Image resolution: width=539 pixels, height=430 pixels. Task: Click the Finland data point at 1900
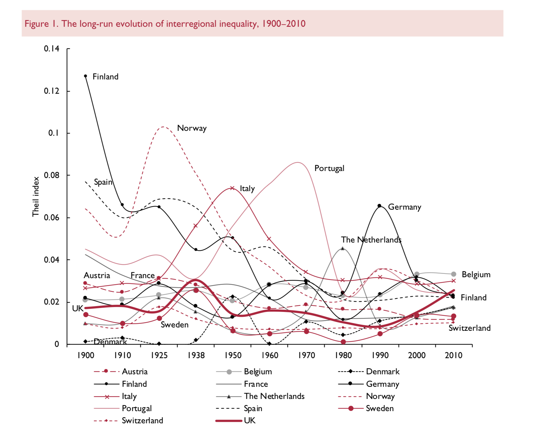tap(85, 76)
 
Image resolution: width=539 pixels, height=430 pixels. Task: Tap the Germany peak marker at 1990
tap(379, 206)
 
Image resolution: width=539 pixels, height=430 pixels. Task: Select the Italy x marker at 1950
tap(232, 188)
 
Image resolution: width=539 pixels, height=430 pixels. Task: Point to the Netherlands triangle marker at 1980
tap(343, 248)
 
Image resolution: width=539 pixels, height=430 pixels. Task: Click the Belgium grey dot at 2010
tap(454, 274)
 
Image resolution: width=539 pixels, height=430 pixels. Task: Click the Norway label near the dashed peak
tap(192, 128)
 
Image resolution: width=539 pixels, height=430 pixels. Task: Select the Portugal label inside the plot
tap(329, 168)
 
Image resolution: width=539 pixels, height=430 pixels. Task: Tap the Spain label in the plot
tap(103, 182)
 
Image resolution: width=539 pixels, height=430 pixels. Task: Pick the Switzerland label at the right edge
tap(469, 328)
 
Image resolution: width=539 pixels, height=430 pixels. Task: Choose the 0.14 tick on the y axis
tap(51, 49)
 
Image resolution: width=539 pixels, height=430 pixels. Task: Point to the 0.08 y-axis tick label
tap(51, 175)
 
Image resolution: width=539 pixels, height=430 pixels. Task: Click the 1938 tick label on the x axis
tap(196, 355)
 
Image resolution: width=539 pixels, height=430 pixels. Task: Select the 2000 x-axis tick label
tap(416, 355)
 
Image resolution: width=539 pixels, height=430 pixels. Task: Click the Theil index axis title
tap(36, 197)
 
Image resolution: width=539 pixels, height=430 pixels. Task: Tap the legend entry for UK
tap(250, 421)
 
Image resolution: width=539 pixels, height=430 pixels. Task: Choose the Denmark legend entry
tap(382, 372)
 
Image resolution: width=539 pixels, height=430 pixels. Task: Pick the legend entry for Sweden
tap(379, 408)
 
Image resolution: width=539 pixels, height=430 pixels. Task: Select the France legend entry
tap(256, 384)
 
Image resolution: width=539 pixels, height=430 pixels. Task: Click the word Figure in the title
tap(36, 24)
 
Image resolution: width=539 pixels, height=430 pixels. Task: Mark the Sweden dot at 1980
tap(343, 342)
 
